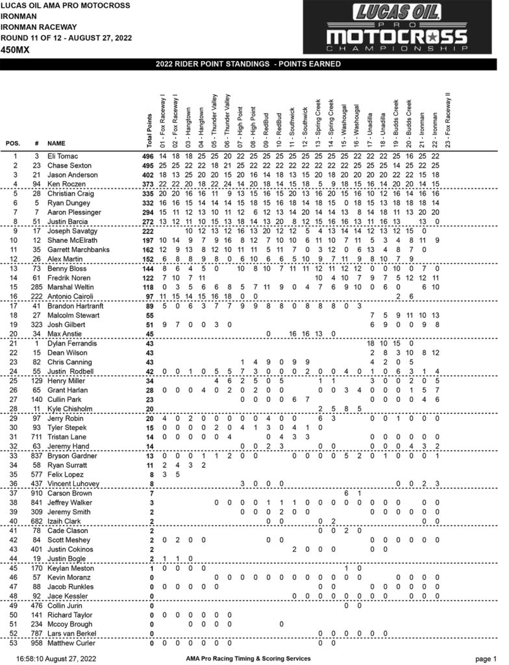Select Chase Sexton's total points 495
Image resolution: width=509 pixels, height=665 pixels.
149,166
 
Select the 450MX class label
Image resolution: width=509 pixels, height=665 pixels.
14,49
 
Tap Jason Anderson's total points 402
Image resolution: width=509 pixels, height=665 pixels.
149,175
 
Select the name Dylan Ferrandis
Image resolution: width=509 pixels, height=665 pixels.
69,343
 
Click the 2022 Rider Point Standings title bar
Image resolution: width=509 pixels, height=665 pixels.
255,64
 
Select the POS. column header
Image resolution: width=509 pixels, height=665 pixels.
13,143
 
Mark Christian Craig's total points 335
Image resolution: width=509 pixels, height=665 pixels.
149,194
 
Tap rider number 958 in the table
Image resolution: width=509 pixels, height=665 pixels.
38,643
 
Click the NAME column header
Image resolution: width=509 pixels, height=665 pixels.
56,143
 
